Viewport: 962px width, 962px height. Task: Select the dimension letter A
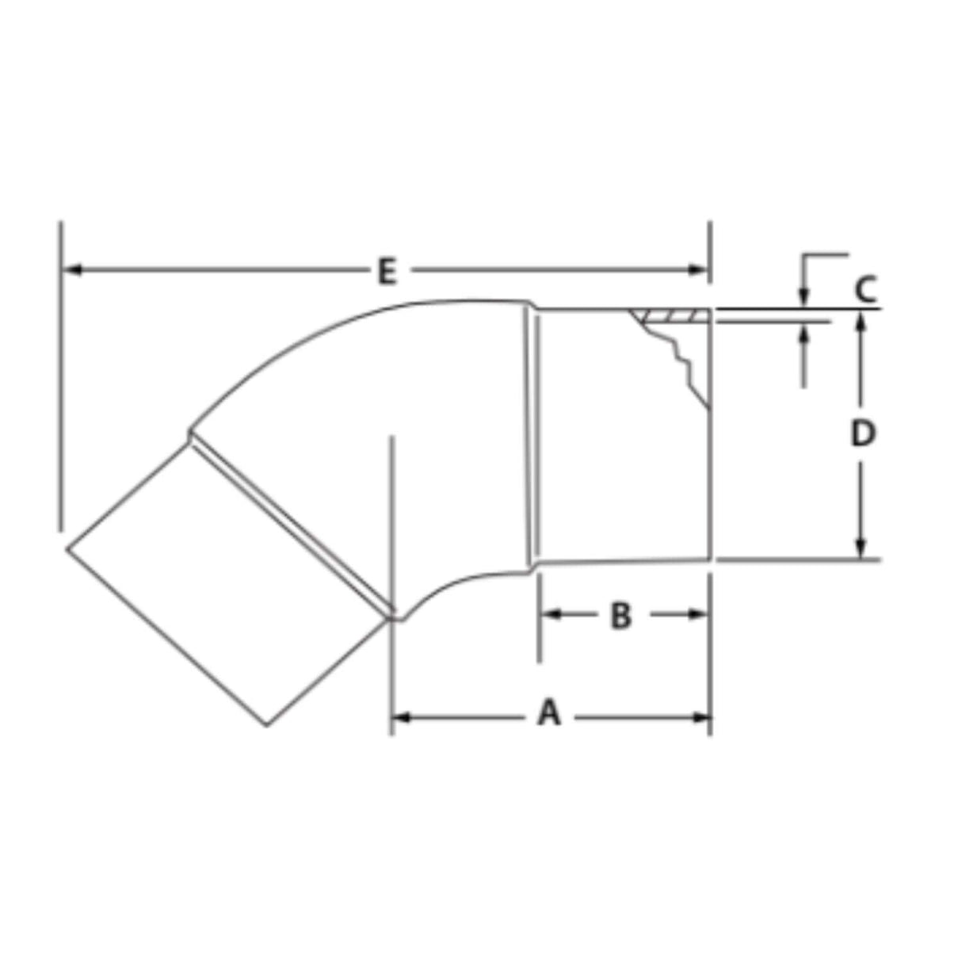coord(548,713)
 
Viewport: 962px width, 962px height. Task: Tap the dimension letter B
coord(621,615)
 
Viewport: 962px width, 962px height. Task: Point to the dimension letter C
coord(865,288)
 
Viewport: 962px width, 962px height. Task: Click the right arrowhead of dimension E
coord(699,270)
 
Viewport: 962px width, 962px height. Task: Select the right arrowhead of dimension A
coord(701,718)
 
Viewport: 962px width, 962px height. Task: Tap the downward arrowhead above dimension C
coord(804,298)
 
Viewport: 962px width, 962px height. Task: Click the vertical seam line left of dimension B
coord(532,436)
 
